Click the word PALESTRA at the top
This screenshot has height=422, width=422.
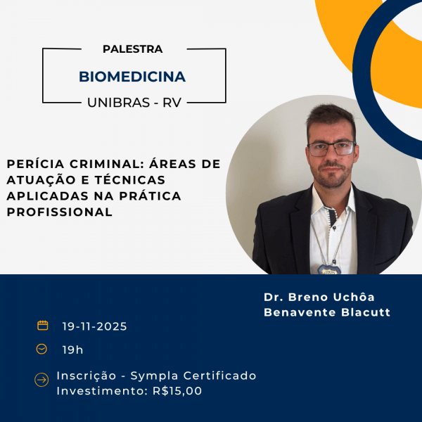(x=132, y=49)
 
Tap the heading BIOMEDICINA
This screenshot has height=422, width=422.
(x=132, y=76)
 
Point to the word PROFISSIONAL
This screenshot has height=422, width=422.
(x=60, y=212)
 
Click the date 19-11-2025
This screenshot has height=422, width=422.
(x=94, y=326)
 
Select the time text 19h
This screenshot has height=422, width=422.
(x=72, y=350)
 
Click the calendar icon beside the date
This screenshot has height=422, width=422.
(x=43, y=326)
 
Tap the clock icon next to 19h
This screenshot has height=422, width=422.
(x=42, y=349)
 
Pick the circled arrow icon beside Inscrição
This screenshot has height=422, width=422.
(x=41, y=381)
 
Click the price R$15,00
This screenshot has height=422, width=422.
(x=177, y=391)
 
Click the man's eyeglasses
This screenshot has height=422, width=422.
(x=331, y=148)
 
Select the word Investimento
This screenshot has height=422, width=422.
(x=102, y=391)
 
